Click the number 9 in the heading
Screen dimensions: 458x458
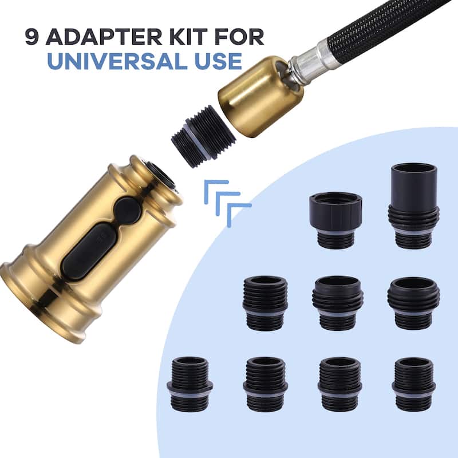click(x=32, y=37)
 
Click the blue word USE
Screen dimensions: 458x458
click(x=218, y=61)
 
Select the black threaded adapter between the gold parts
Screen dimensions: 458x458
click(x=204, y=136)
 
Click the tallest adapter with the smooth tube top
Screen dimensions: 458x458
click(x=413, y=207)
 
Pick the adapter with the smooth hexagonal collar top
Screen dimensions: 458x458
click(x=335, y=220)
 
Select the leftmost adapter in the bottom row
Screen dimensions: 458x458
click(x=190, y=384)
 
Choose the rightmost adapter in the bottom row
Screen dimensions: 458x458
click(x=413, y=384)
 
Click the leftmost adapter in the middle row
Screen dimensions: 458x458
click(x=265, y=303)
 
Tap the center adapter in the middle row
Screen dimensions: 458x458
click(x=338, y=303)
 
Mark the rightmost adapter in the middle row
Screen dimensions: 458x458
click(x=413, y=303)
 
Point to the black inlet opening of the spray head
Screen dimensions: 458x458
click(x=161, y=177)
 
